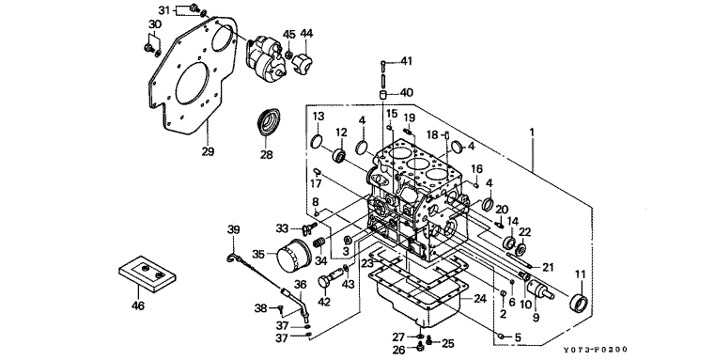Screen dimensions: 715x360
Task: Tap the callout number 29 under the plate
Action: (x=208, y=151)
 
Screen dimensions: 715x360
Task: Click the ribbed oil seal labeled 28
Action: (x=269, y=122)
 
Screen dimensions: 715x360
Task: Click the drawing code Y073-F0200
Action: (x=595, y=350)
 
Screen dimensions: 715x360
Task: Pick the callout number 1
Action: (x=531, y=133)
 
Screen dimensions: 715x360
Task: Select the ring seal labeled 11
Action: (x=580, y=303)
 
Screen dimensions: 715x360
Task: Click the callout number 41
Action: (x=406, y=61)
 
